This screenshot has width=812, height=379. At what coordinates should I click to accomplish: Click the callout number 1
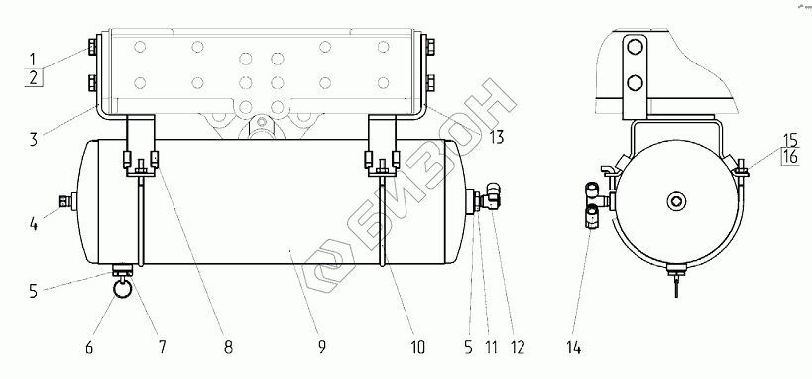click(x=32, y=59)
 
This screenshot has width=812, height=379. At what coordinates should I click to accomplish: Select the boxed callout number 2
click(x=33, y=78)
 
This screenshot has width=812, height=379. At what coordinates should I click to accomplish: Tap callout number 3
click(x=33, y=139)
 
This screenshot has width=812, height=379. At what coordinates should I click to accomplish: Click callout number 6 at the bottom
click(x=89, y=347)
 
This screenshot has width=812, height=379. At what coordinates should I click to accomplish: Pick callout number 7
click(x=162, y=347)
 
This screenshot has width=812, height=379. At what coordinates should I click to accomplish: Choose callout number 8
click(x=228, y=347)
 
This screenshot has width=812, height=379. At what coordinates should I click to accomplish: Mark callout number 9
click(x=321, y=347)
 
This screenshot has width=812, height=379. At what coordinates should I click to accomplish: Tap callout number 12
click(x=517, y=347)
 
